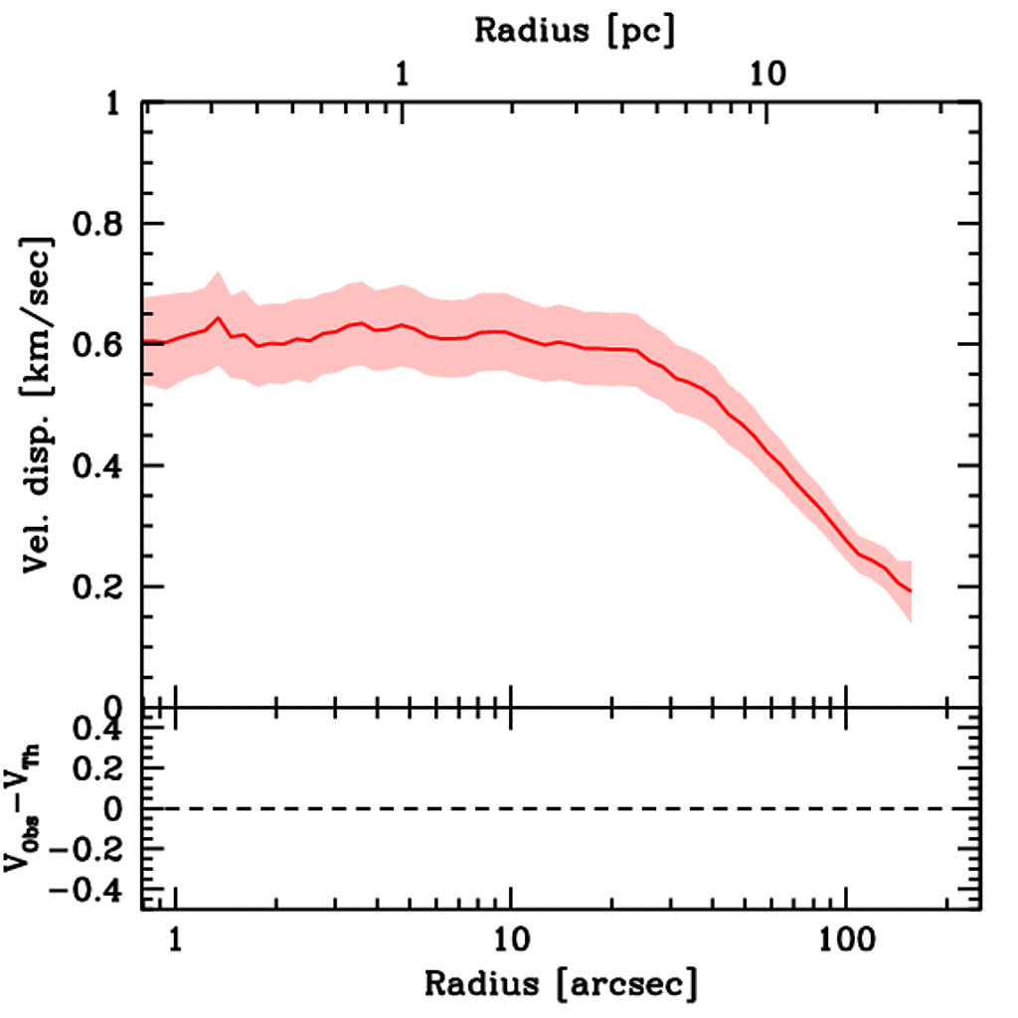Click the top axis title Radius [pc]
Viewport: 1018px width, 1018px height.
click(575, 30)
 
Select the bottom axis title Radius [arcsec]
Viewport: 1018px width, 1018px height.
click(561, 983)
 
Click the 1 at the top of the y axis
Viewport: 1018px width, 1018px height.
click(115, 104)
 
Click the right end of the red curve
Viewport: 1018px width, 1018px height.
click(910, 592)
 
